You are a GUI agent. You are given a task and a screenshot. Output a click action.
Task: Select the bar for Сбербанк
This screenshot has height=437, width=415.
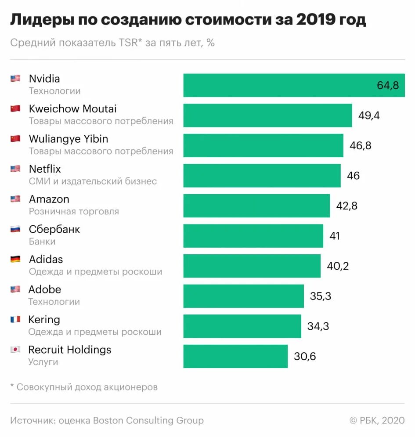(x=253, y=236)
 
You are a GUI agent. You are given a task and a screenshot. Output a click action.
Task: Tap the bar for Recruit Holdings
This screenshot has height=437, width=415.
(x=235, y=356)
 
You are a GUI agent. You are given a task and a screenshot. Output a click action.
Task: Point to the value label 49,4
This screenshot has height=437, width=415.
(x=369, y=116)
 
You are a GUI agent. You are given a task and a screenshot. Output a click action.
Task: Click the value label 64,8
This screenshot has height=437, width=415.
(x=388, y=85)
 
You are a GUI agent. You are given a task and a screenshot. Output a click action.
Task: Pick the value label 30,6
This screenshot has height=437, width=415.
(x=305, y=356)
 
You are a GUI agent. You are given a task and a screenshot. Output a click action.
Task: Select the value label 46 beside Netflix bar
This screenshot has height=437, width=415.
(x=353, y=176)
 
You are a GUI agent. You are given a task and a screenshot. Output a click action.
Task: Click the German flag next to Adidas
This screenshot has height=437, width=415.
(x=15, y=259)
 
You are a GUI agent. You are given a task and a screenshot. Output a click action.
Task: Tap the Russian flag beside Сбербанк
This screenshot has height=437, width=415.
(x=15, y=229)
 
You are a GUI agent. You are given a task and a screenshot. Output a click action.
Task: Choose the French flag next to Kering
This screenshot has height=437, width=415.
(x=15, y=319)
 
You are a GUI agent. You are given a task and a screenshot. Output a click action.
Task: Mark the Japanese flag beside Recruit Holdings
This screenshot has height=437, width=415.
(x=15, y=350)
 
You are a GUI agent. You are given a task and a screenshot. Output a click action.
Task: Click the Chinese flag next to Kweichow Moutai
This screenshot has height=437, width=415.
(x=15, y=108)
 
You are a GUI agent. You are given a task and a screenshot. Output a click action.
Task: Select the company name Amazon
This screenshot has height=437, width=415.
(x=49, y=199)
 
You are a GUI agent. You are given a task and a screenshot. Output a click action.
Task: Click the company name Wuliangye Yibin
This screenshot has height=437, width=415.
(x=69, y=139)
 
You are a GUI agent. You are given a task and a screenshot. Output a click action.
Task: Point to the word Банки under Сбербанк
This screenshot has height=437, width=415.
(x=42, y=242)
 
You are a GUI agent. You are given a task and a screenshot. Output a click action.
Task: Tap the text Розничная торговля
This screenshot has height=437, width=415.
(x=74, y=211)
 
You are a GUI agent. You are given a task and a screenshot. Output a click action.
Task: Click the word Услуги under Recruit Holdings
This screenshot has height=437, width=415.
(x=43, y=362)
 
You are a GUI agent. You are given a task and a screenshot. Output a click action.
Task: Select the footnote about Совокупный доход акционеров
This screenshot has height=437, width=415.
(x=84, y=387)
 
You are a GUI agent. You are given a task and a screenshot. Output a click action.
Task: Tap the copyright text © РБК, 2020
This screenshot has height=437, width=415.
(x=377, y=420)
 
